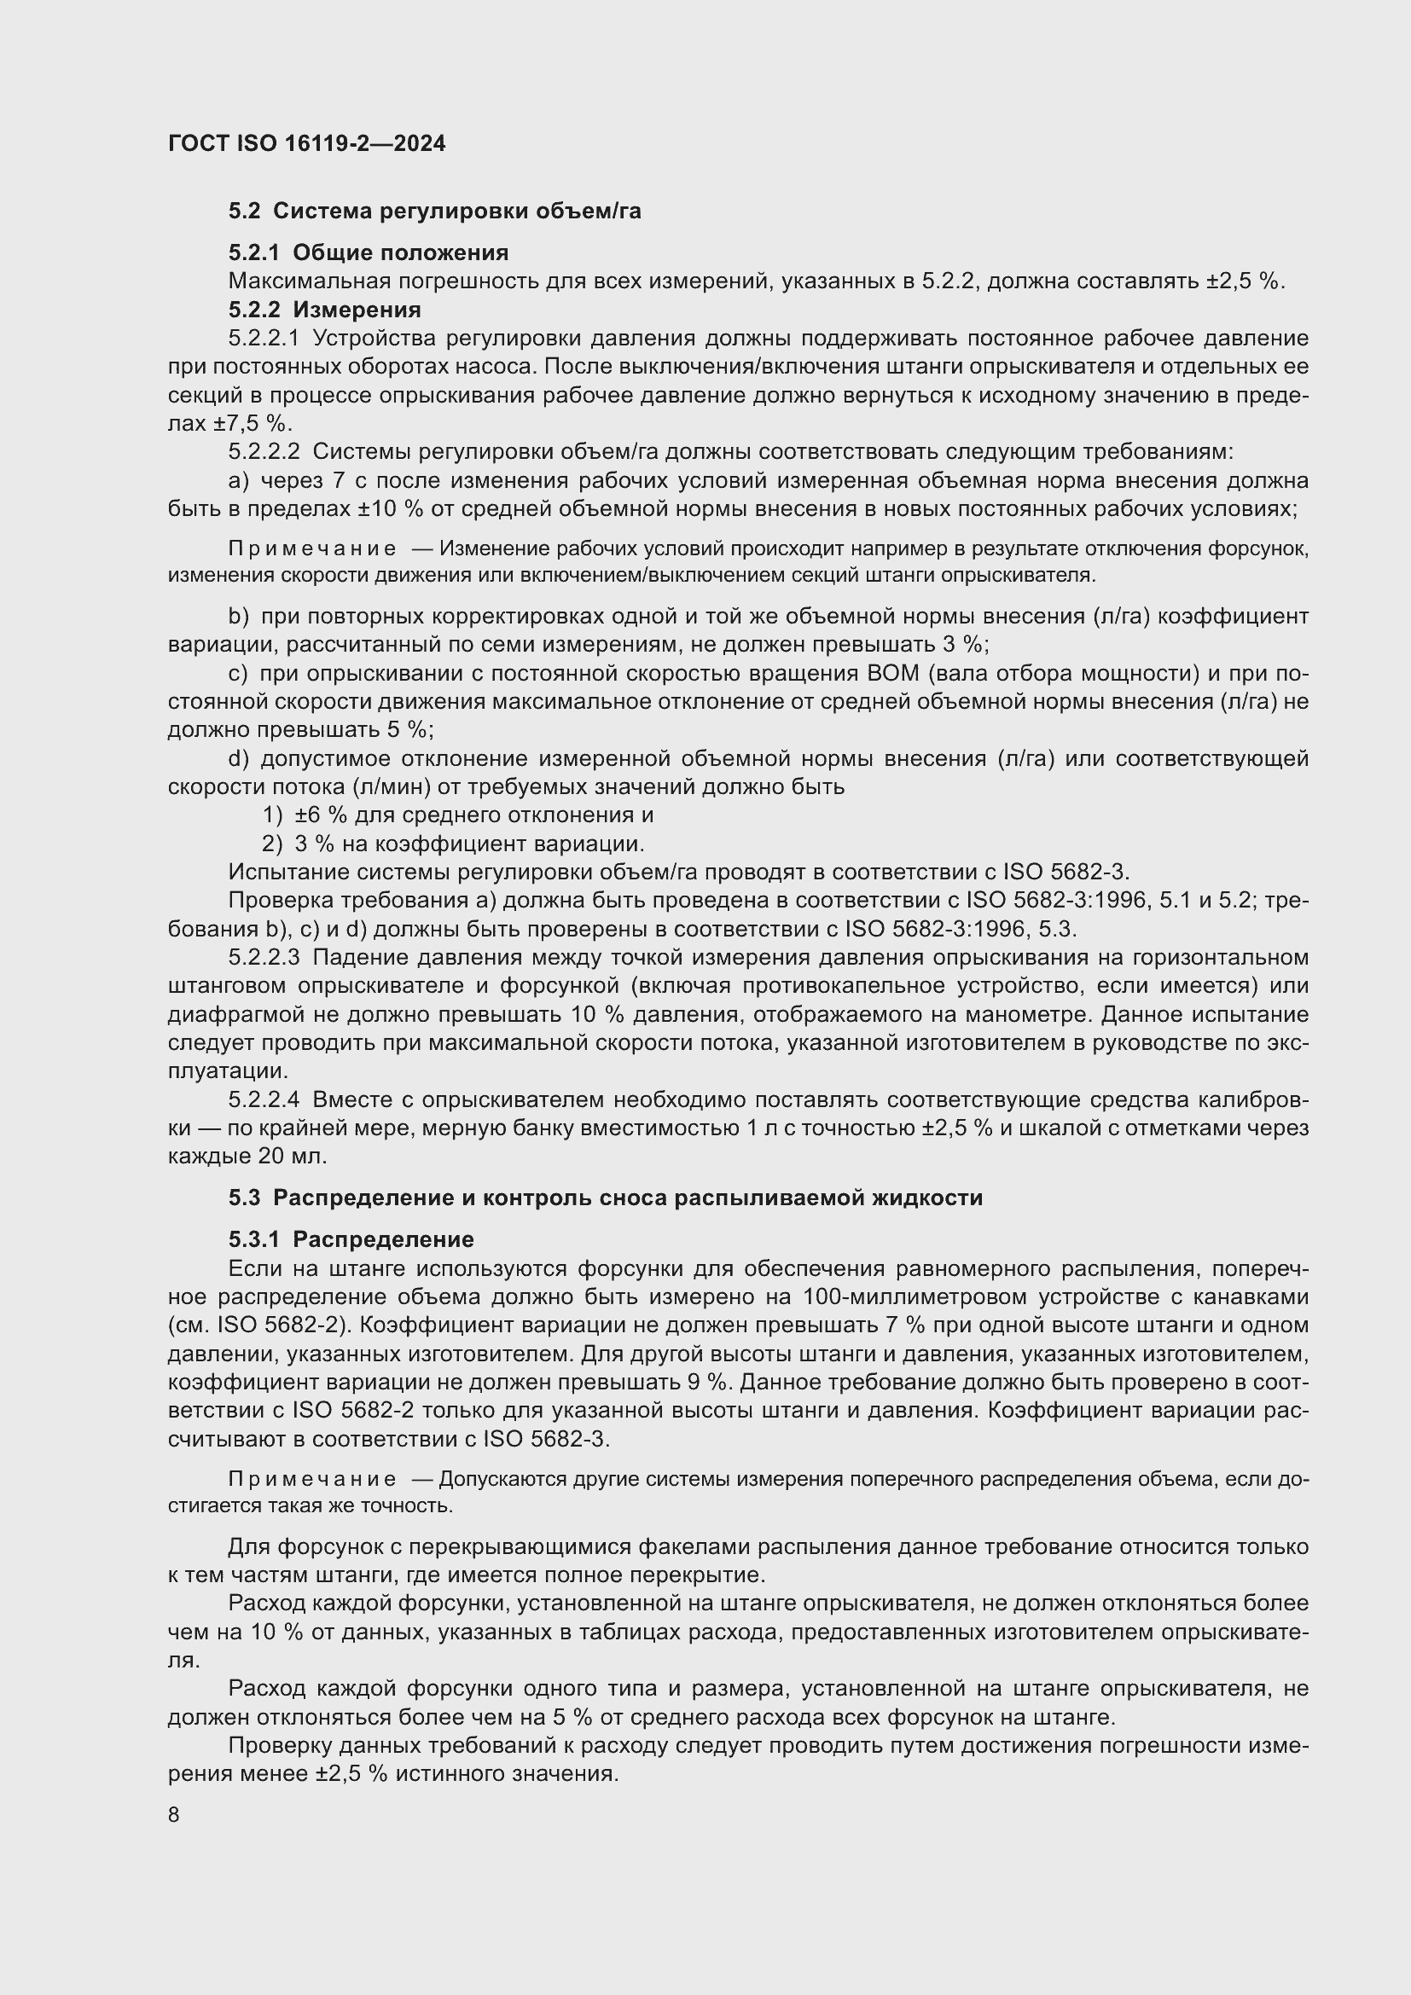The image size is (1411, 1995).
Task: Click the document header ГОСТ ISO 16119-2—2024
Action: tap(306, 143)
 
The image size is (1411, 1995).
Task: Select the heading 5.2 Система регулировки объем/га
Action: tap(434, 212)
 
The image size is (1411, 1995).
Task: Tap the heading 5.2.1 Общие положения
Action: tap(369, 252)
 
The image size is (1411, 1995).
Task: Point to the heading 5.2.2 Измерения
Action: tap(325, 310)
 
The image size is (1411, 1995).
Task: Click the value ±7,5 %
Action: tap(251, 423)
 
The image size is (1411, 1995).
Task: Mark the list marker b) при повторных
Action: tap(238, 616)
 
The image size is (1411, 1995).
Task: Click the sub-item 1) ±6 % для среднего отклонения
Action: tap(458, 815)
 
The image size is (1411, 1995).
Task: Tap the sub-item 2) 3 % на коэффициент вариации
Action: tap(453, 844)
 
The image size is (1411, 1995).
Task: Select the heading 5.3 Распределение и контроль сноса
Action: tap(606, 1198)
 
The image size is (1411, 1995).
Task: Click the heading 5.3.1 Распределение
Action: tap(351, 1239)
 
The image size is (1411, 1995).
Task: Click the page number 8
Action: tap(174, 1815)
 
